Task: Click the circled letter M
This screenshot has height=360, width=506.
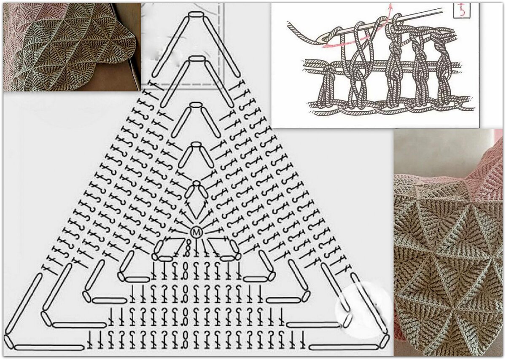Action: click(x=196, y=232)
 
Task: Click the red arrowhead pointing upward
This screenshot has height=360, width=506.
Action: click(x=390, y=7)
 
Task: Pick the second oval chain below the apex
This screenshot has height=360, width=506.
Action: click(x=197, y=59)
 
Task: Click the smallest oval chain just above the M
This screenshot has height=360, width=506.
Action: click(x=196, y=183)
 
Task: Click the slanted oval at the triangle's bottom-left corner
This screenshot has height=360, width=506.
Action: click(x=9, y=343)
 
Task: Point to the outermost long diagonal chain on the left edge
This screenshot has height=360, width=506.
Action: click(x=23, y=304)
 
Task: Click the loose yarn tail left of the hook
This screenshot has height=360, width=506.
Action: click(x=304, y=34)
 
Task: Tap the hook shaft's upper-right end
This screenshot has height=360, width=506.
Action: click(x=441, y=10)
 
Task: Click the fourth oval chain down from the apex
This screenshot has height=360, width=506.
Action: click(x=196, y=145)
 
